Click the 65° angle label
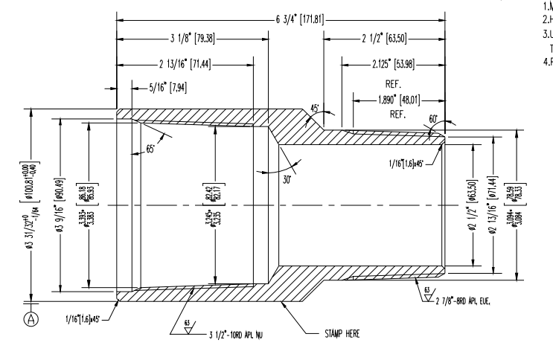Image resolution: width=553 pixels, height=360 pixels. (150, 149)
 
